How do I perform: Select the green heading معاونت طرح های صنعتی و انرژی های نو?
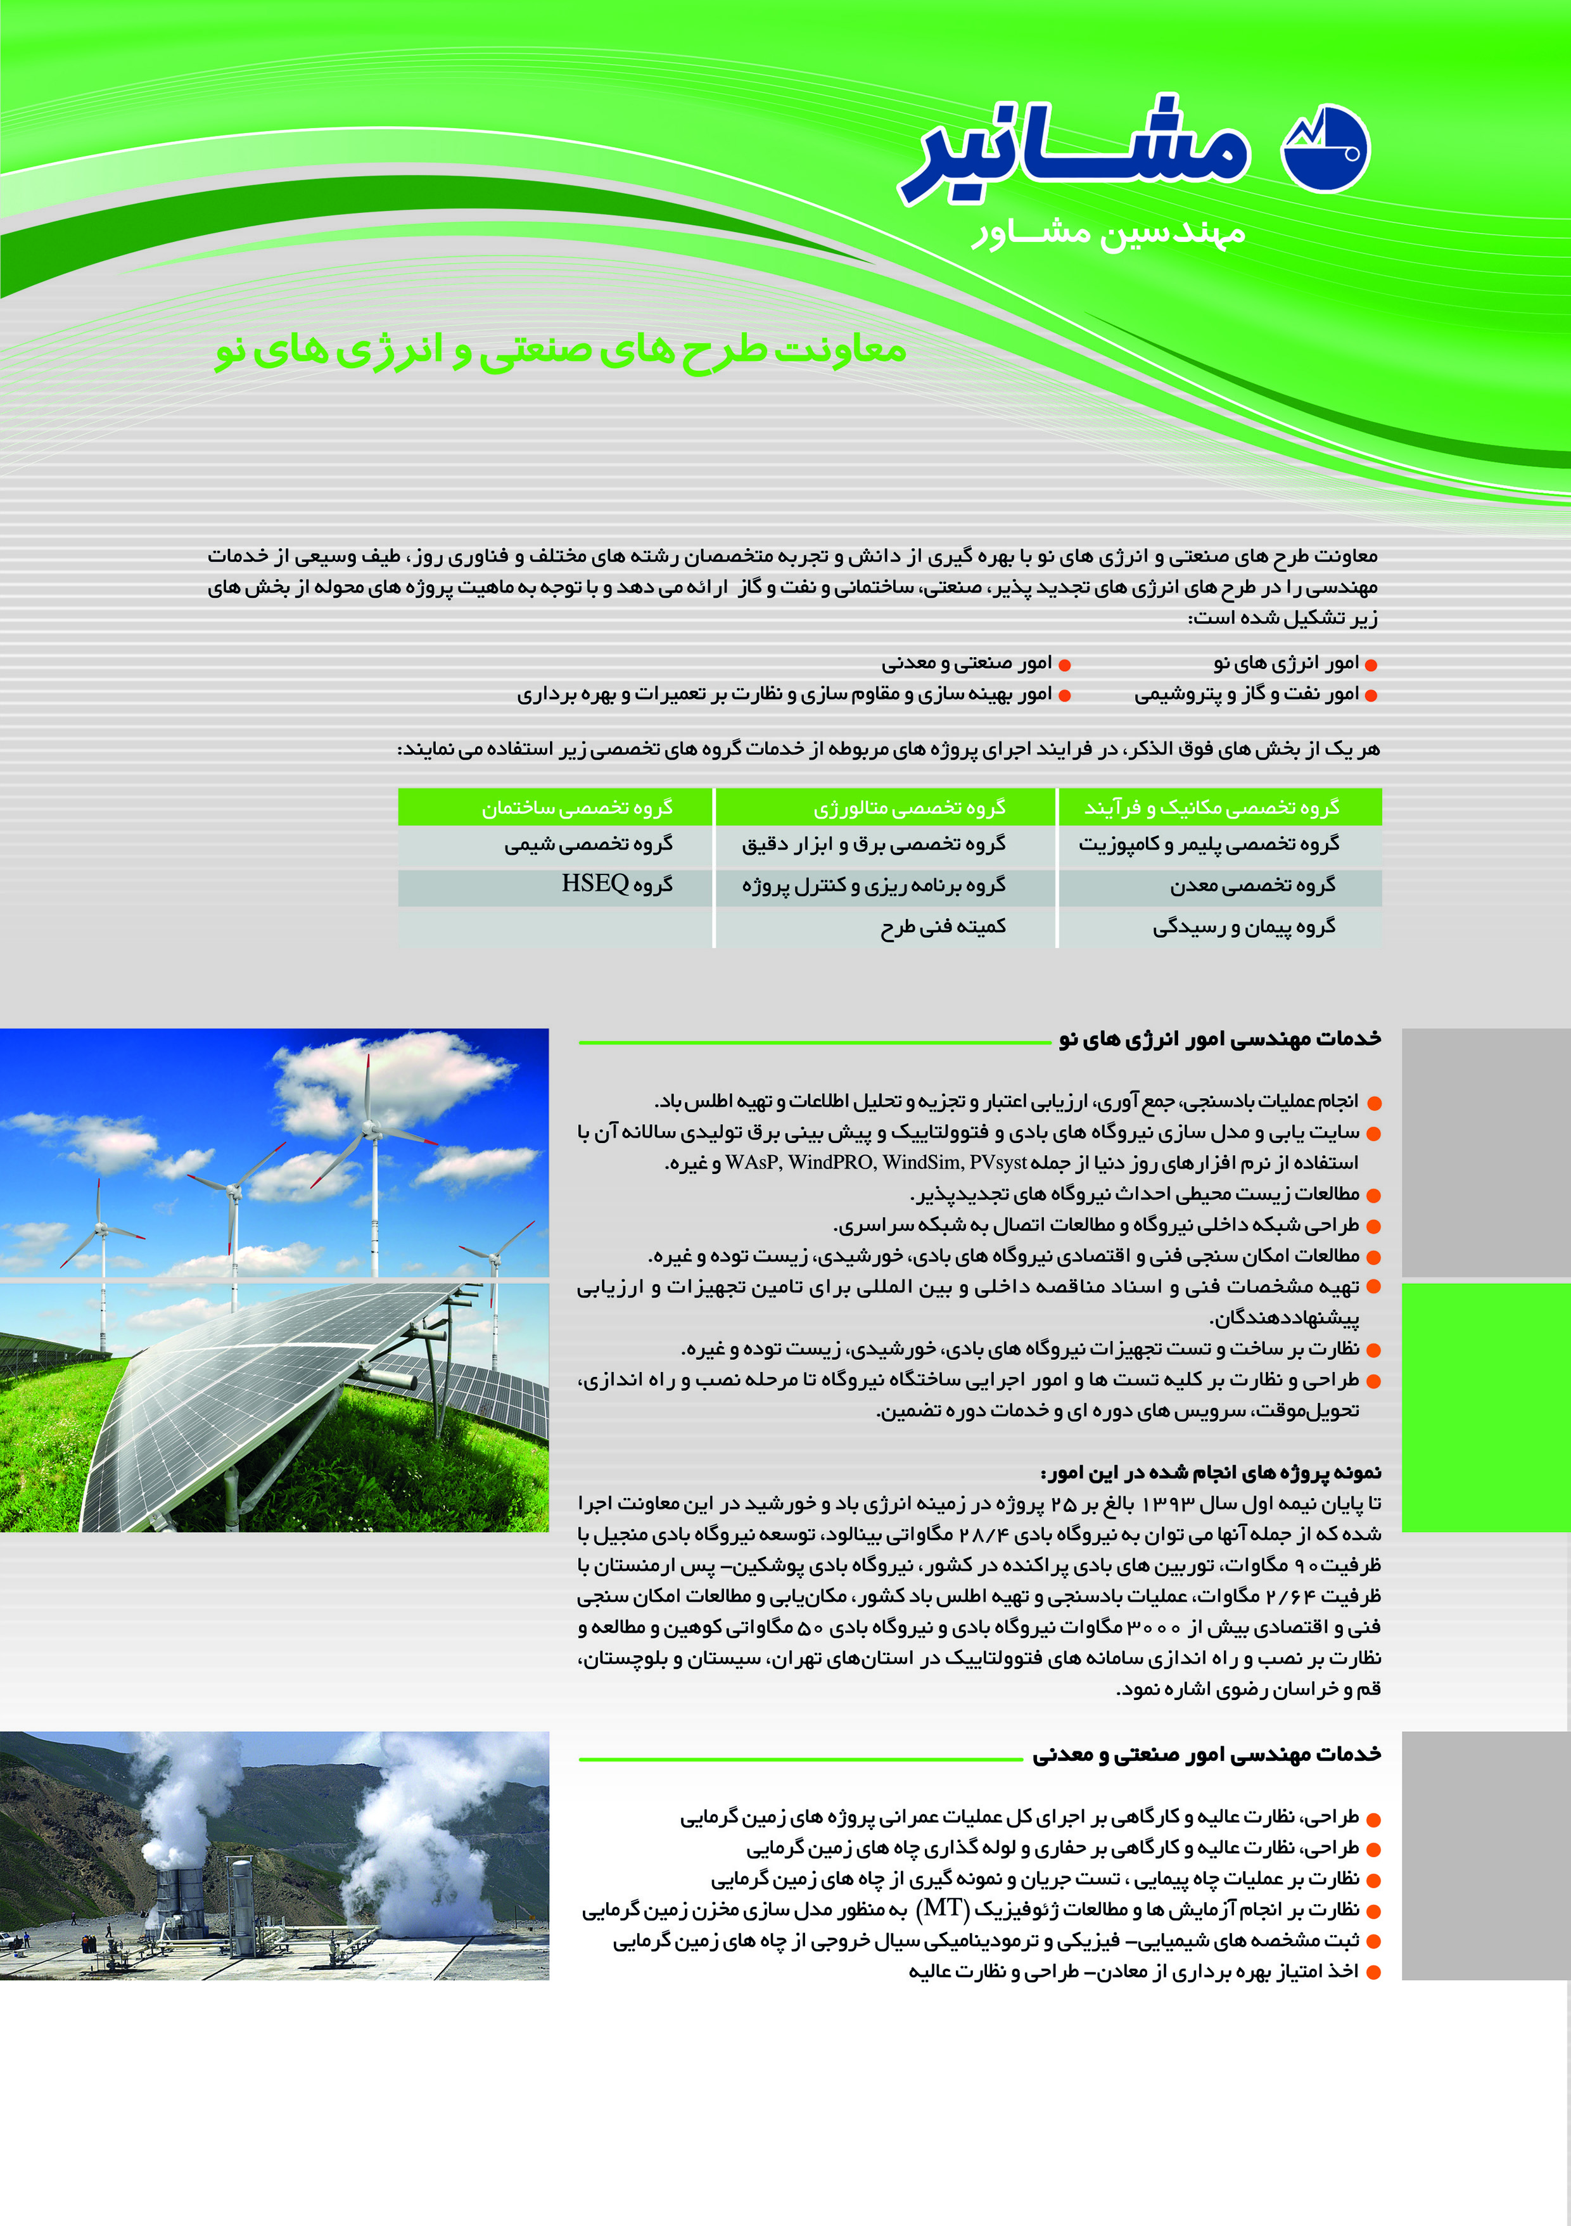[560, 350]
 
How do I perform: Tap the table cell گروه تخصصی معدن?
[1252, 885]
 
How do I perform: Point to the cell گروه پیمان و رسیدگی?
[1243, 927]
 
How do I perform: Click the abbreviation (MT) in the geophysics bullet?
[944, 1909]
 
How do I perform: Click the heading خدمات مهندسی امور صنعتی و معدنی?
[1205, 1754]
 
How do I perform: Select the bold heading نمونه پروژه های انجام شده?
[1211, 1473]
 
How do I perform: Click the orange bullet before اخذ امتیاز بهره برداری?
[1372, 1972]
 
